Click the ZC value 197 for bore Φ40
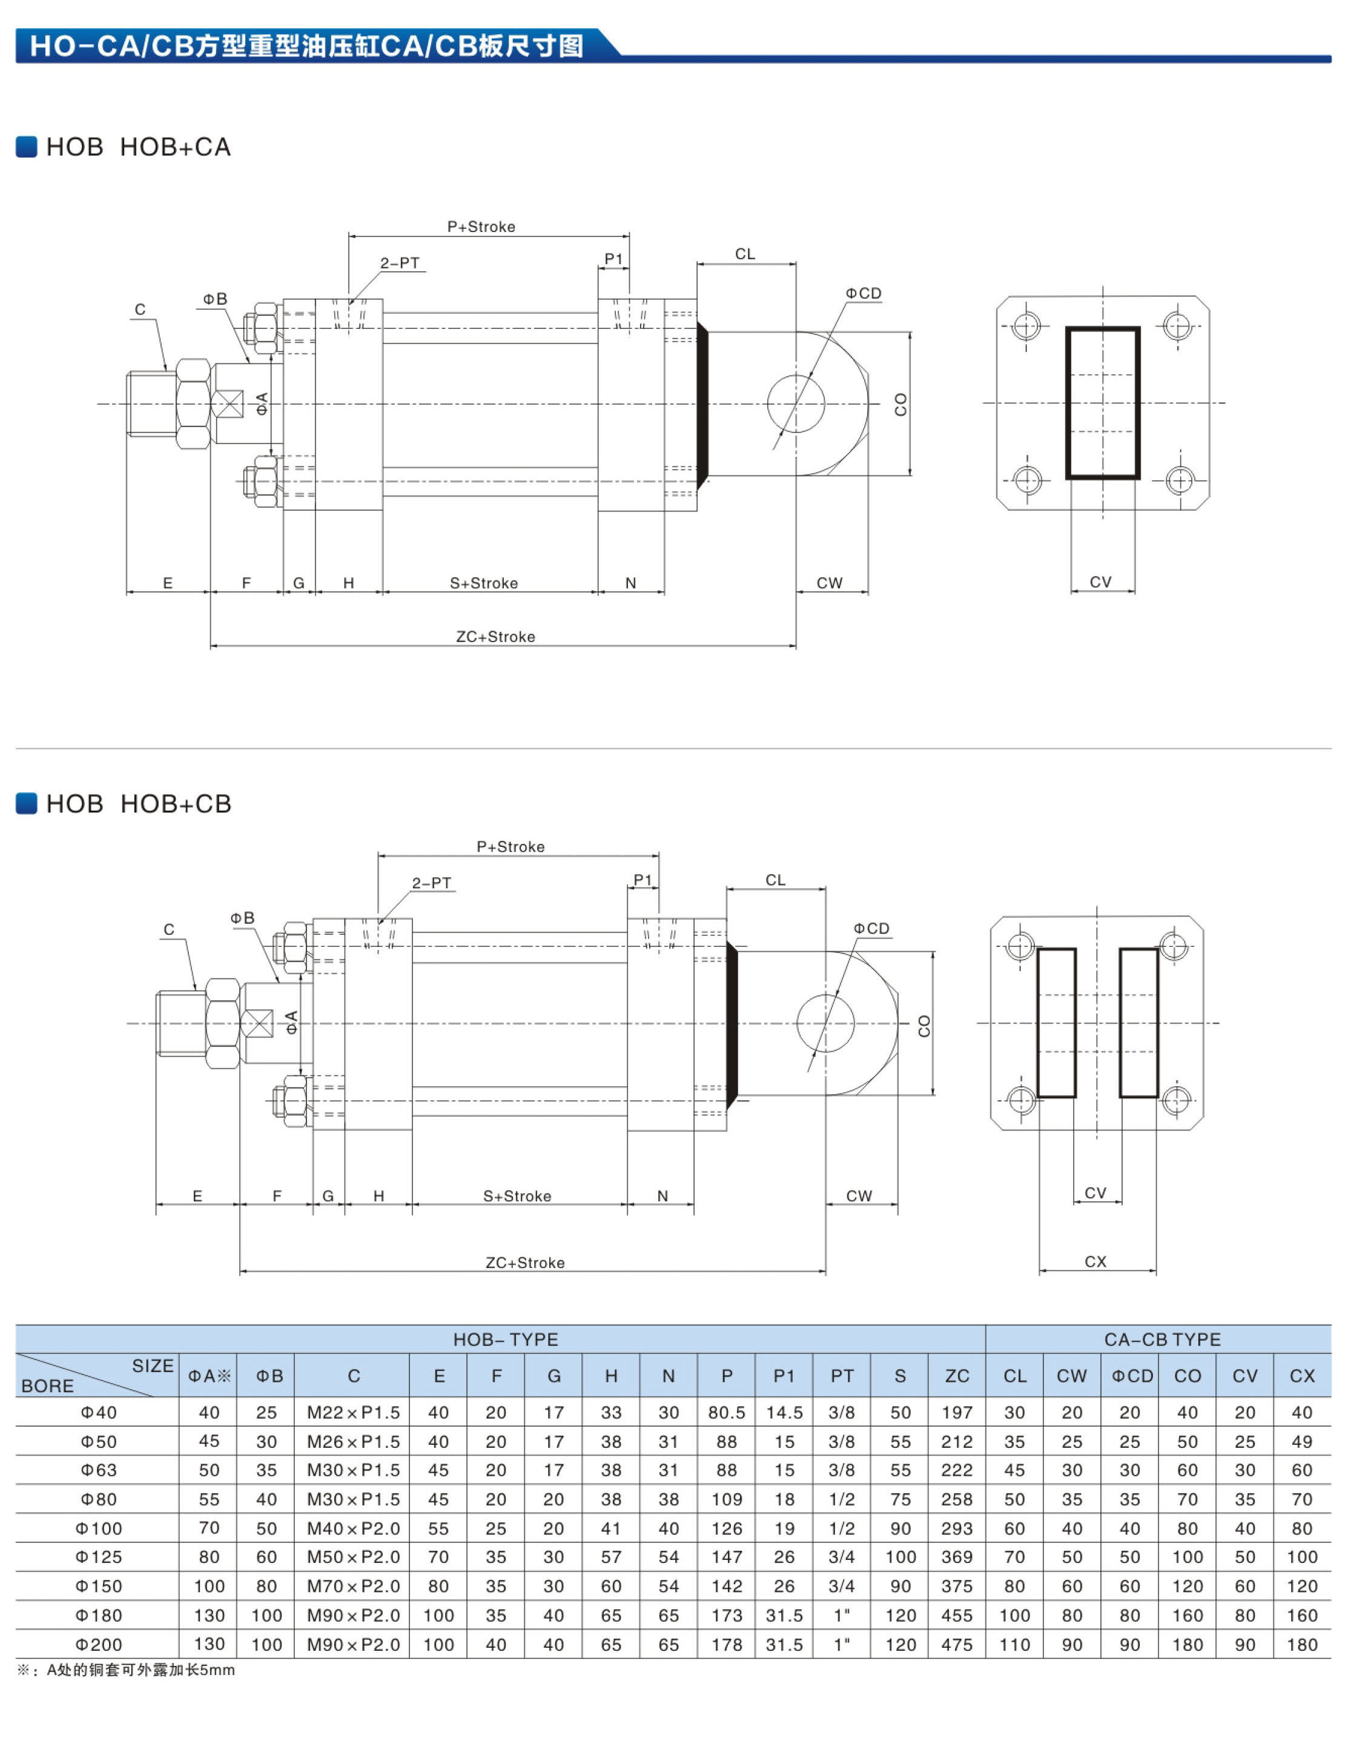coord(957,1413)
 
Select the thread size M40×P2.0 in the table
coord(353,1528)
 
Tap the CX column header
coord(1301,1376)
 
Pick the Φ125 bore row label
coord(99,1557)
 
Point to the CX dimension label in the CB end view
coord(1095,1262)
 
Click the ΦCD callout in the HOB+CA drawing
coord(863,294)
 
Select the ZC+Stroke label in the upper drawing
coord(495,637)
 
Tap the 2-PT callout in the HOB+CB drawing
coord(431,883)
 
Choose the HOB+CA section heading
coord(138,147)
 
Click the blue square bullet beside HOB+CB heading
coord(27,803)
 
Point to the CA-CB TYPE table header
coord(1162,1339)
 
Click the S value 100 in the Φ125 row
coord(900,1557)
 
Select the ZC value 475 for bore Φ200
coord(957,1645)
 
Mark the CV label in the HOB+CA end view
coord(1100,582)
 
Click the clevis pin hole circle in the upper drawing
coord(796,403)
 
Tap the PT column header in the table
coord(841,1376)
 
